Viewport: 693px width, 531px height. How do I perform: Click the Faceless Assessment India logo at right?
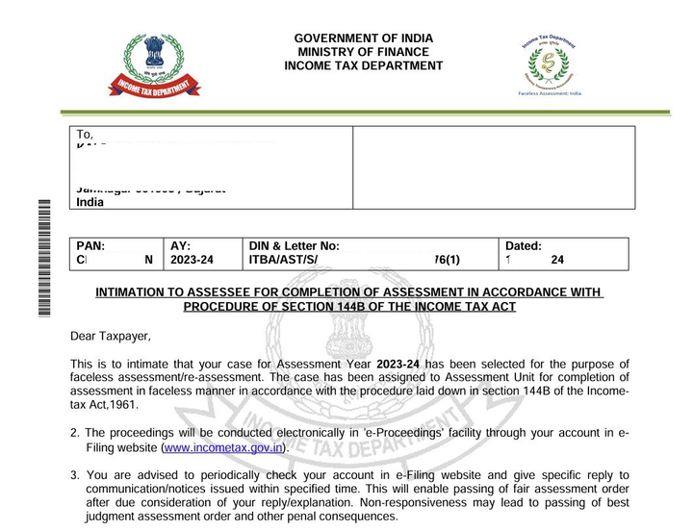coord(548,63)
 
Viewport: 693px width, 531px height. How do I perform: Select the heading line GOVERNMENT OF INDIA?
coord(363,38)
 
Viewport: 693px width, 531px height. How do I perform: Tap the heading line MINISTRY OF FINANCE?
coord(363,52)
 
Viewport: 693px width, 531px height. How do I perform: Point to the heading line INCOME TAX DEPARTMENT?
coord(363,66)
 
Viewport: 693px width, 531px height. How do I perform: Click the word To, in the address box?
coord(85,136)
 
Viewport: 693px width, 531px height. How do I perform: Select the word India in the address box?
coord(90,203)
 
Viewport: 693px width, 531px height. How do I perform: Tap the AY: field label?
coord(180,246)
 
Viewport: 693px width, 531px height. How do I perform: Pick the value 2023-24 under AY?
coord(192,260)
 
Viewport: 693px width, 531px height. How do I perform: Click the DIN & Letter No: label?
coord(294,246)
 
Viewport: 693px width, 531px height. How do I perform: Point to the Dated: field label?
coord(524,246)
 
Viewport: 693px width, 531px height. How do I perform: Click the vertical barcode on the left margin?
coord(42,254)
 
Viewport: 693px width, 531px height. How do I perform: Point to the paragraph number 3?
coord(74,475)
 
